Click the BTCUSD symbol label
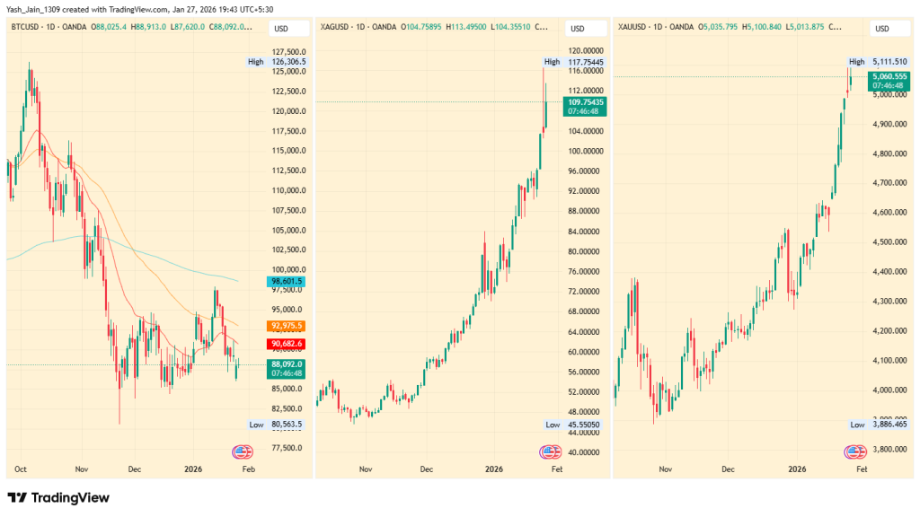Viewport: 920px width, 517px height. pyautogui.click(x=28, y=27)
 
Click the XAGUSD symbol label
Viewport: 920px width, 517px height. pyautogui.click(x=338, y=27)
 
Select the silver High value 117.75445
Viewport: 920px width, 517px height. pyautogui.click(x=585, y=62)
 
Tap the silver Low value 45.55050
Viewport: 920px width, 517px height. pyautogui.click(x=585, y=425)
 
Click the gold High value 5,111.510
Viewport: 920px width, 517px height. pyautogui.click(x=886, y=62)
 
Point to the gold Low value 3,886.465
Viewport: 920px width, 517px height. pyautogui.click(x=886, y=425)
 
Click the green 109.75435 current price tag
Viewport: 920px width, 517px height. pyautogui.click(x=585, y=107)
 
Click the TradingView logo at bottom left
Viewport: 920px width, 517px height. pyautogui.click(x=58, y=497)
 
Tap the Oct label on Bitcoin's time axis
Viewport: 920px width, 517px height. pyautogui.click(x=21, y=469)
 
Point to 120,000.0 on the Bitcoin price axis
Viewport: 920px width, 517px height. pyautogui.click(x=289, y=111)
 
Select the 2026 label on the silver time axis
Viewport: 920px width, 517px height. pyautogui.click(x=493, y=469)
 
